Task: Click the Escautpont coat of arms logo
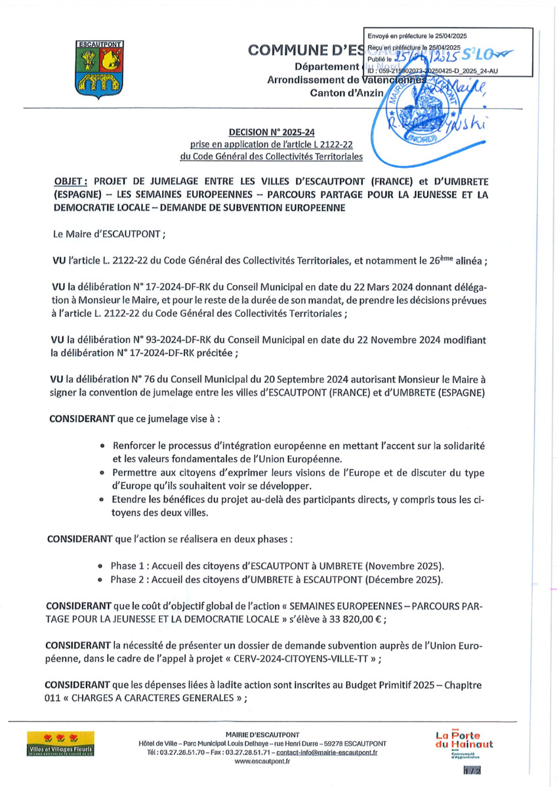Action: pos(96,70)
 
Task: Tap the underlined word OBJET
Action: pos(69,181)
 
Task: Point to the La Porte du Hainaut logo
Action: pos(464,743)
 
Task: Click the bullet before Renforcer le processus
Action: pos(104,445)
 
